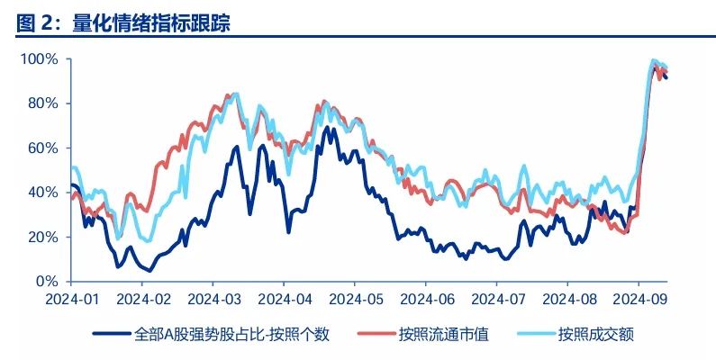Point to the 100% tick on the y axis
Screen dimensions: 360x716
pos(41,59)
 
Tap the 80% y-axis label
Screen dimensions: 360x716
pos(43,103)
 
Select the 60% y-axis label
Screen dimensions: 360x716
pos(43,148)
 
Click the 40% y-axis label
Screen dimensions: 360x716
pos(43,193)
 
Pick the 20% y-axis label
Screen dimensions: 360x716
pos(43,237)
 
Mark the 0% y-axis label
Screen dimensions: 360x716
pos(47,281)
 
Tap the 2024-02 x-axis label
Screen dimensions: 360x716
pos(142,298)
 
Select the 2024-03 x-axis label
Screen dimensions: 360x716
pos(213,298)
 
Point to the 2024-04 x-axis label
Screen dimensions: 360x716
pos(285,298)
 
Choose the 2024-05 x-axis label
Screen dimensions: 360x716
pos(355,298)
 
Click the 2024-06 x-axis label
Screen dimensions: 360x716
pos(426,298)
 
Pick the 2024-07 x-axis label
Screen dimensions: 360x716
pos(497,298)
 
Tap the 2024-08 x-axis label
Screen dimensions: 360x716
pos(568,298)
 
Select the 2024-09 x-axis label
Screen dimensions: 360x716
pos(639,298)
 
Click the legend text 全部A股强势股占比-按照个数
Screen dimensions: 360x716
pos(231,335)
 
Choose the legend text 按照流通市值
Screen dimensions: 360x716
pos(444,335)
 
